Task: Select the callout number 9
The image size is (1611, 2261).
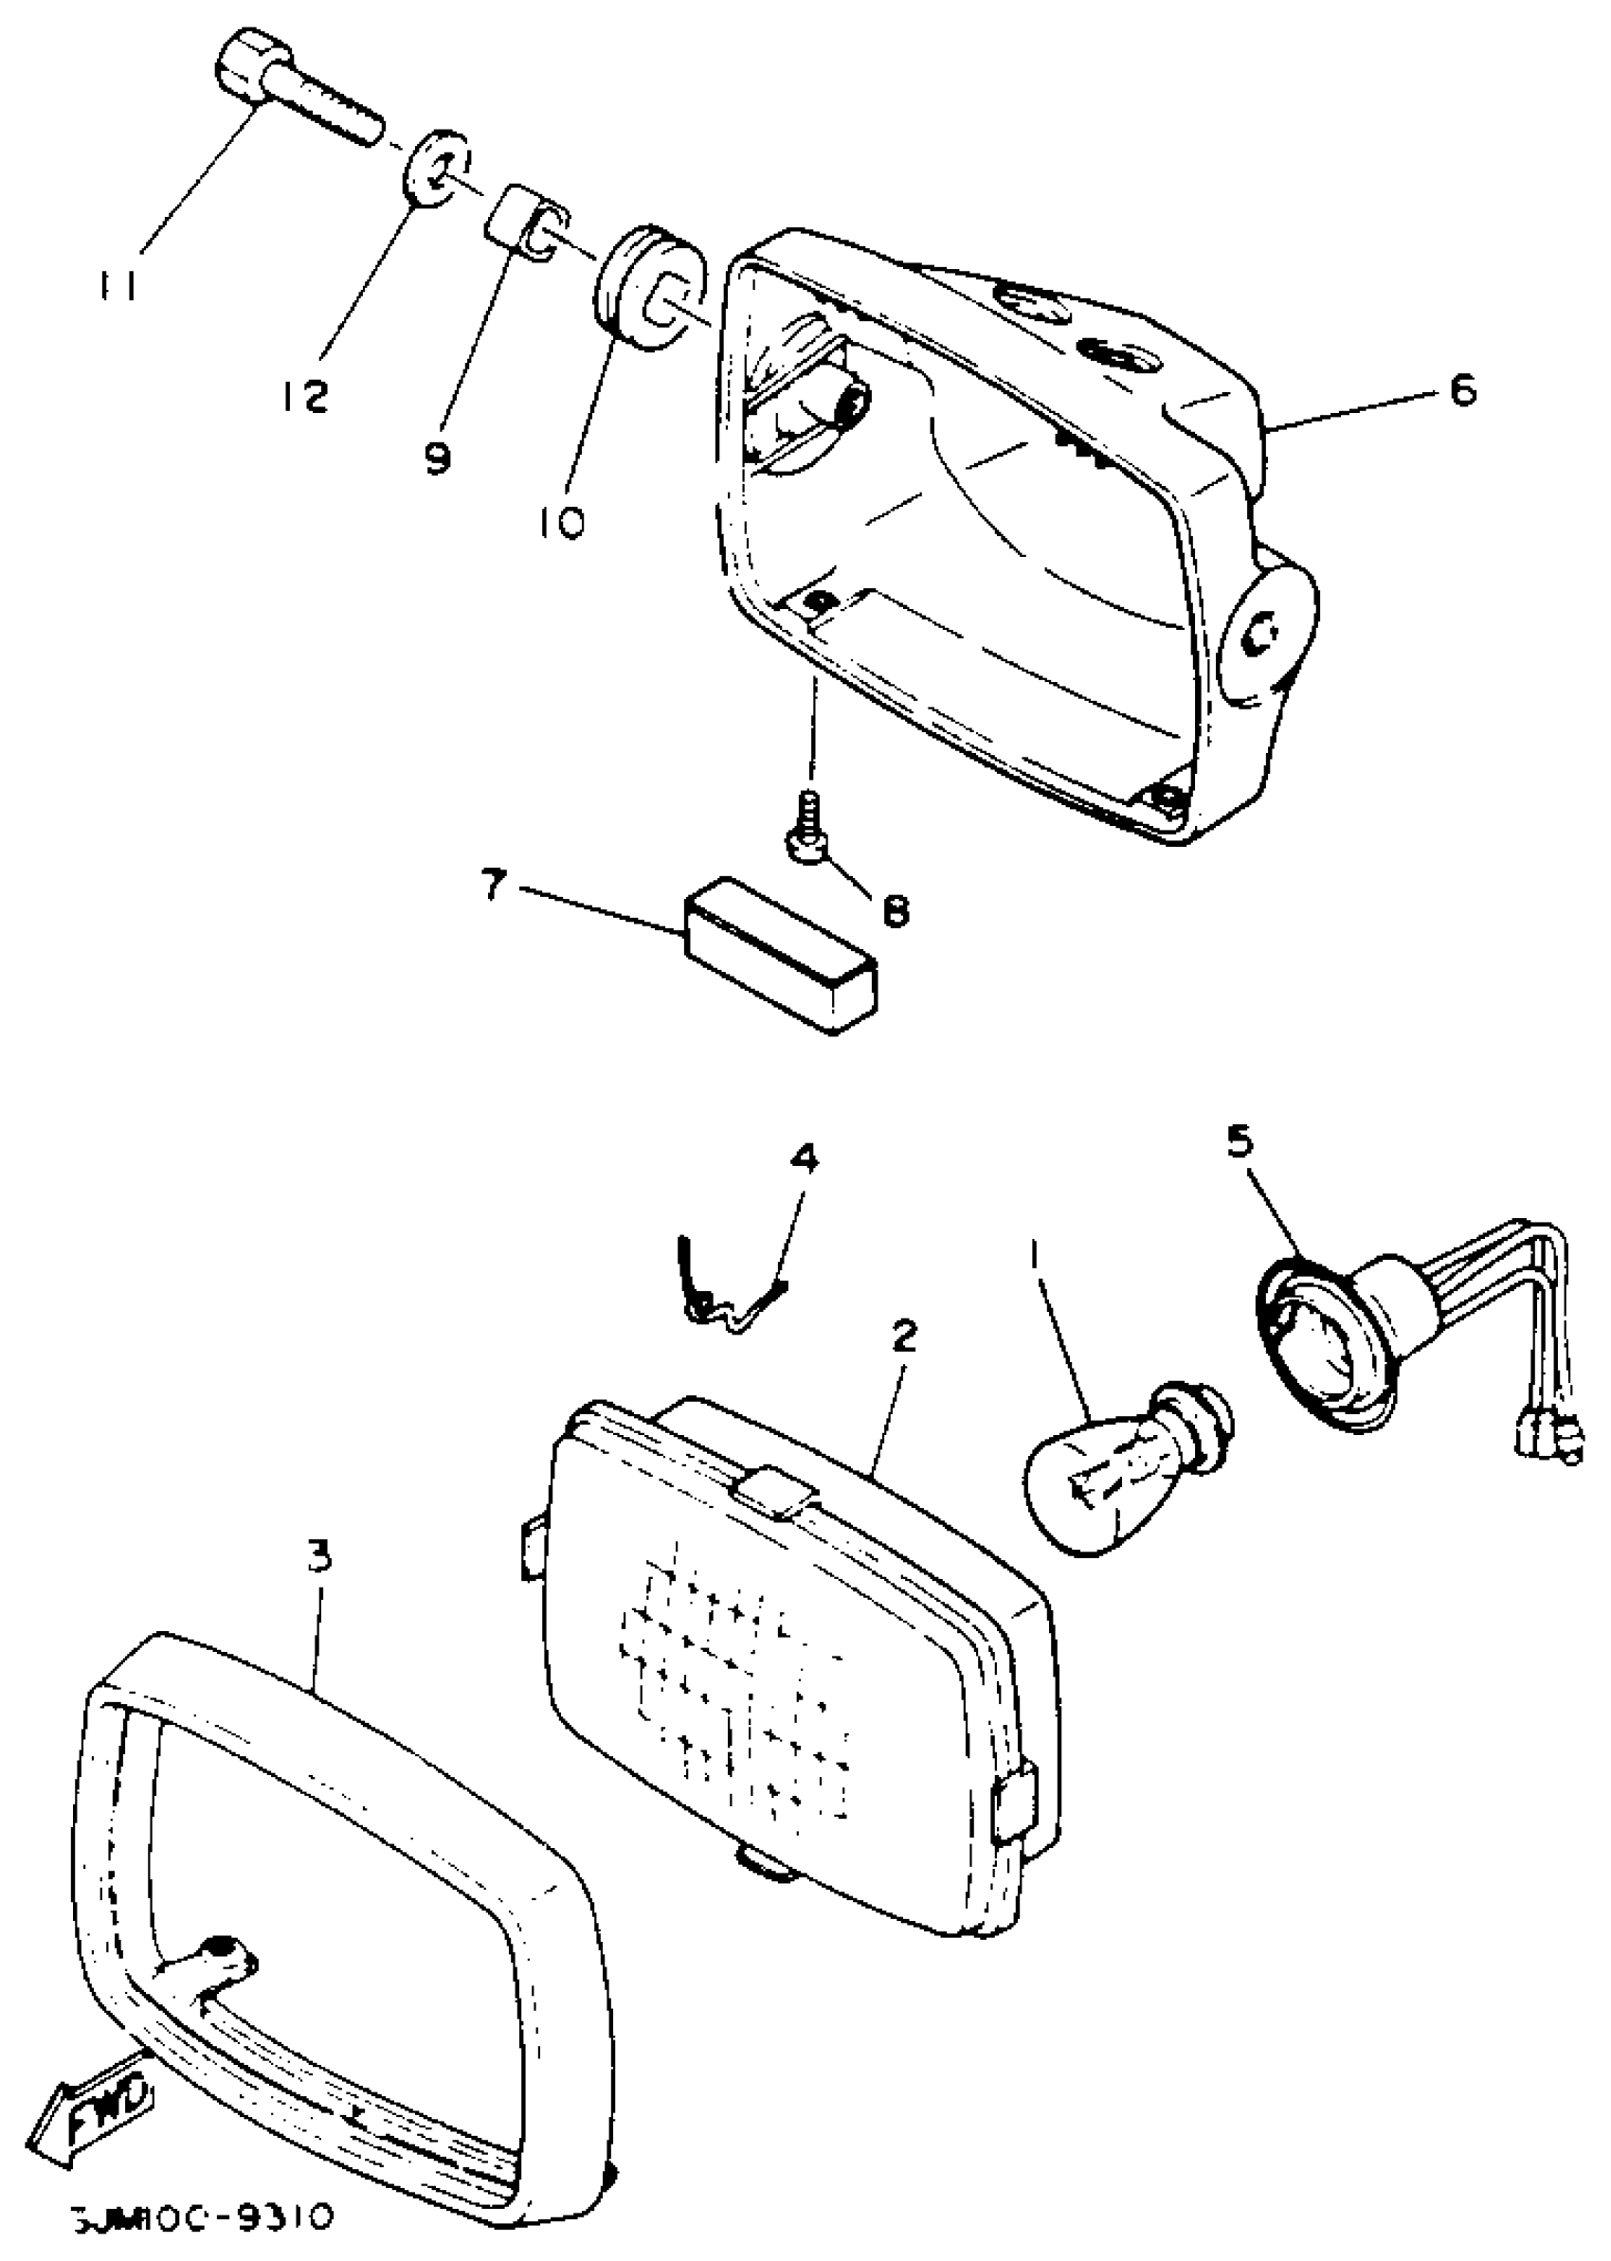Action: (438, 458)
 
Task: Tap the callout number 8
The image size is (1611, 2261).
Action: (895, 910)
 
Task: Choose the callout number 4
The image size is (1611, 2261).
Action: (805, 1158)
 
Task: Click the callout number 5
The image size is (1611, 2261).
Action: (1240, 1143)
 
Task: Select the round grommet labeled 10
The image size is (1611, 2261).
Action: (650, 288)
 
